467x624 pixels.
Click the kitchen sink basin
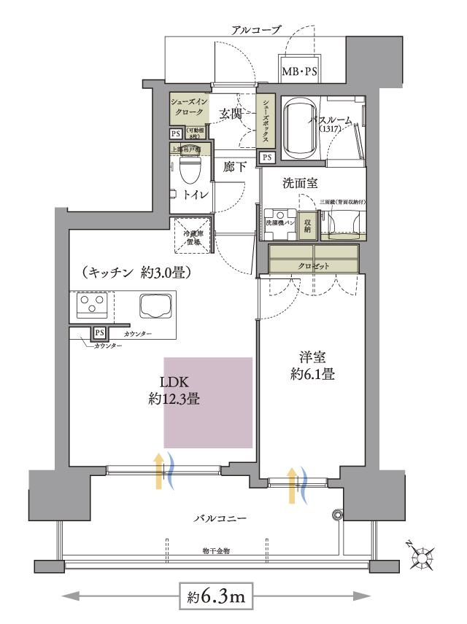click(x=154, y=305)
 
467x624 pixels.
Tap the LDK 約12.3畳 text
click(x=174, y=391)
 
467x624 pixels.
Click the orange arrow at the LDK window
click(x=158, y=470)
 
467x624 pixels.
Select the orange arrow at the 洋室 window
click(x=293, y=486)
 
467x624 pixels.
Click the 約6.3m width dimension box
click(x=216, y=597)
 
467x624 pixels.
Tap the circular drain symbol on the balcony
click(x=336, y=515)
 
